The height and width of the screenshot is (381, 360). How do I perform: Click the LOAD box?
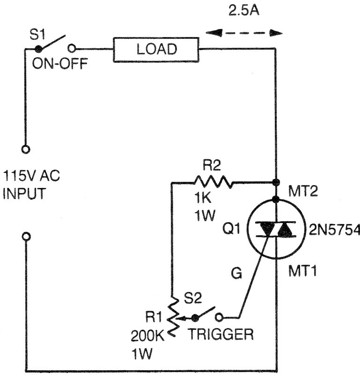[157, 49]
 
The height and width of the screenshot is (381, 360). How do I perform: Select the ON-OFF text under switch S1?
[59, 64]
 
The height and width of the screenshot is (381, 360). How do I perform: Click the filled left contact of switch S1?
[38, 48]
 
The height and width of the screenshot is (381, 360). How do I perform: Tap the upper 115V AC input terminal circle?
[26, 149]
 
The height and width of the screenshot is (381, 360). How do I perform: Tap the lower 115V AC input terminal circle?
[26, 236]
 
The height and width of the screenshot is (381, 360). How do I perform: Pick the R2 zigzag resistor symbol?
[213, 182]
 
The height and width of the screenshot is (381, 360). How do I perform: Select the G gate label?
[237, 274]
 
